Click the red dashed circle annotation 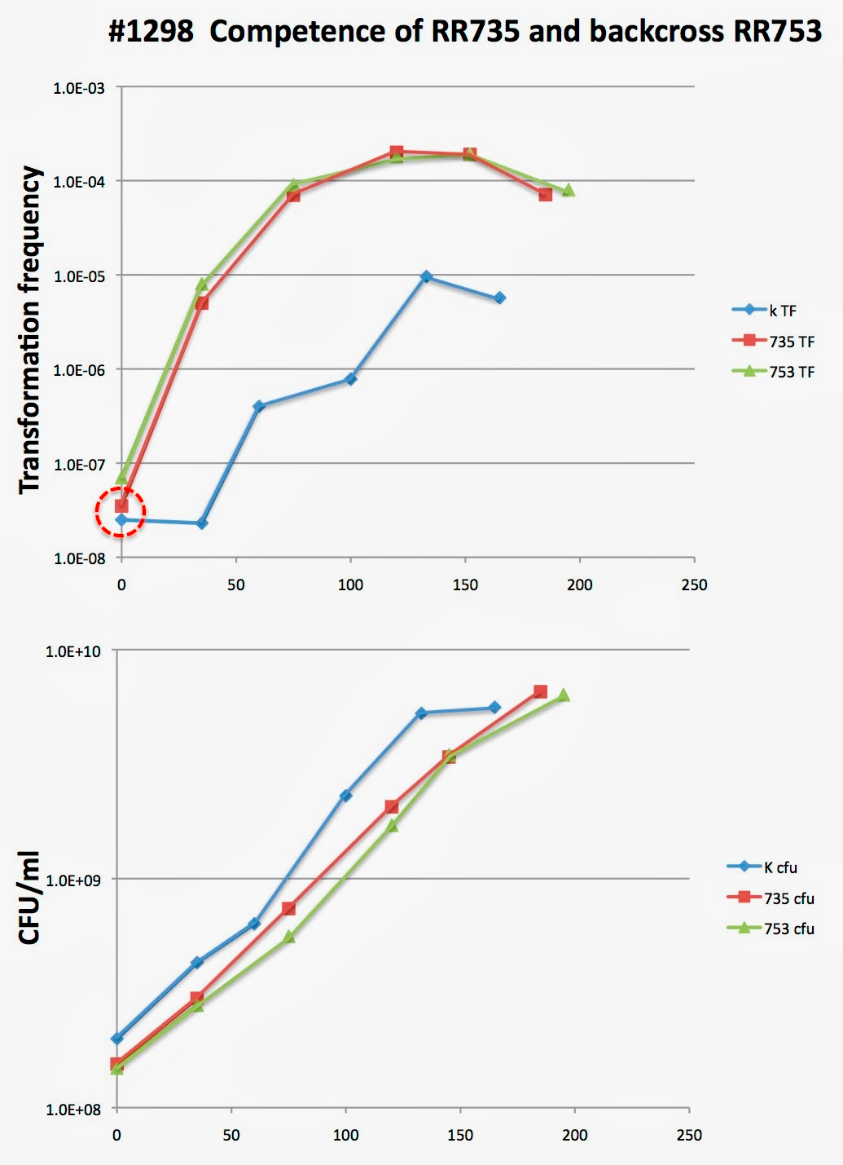point(121,512)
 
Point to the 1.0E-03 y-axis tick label point(79,88)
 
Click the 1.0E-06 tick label point(79,370)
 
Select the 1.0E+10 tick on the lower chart point(73,651)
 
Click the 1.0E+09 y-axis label point(73,880)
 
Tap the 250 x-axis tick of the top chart point(694,585)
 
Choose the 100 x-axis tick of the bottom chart point(345,1135)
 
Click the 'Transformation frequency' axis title point(30,329)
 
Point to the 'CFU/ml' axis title point(30,897)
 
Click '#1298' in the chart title point(151,32)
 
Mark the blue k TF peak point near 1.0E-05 point(426,277)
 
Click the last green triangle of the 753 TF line point(569,190)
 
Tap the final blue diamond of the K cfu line point(494,708)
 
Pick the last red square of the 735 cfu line point(540,691)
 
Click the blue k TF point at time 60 point(259,406)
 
